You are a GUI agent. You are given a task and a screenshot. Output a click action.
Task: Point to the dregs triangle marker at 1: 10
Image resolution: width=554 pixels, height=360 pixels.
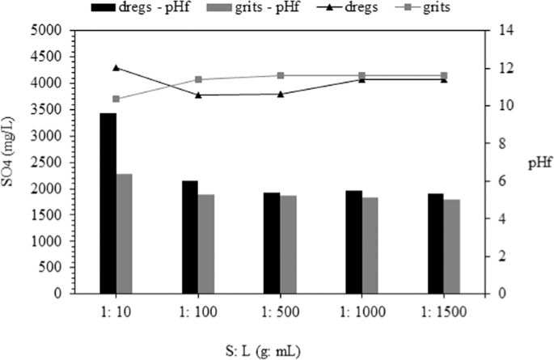[x=116, y=67]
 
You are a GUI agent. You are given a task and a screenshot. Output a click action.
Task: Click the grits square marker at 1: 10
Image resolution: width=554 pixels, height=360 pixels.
[x=116, y=99]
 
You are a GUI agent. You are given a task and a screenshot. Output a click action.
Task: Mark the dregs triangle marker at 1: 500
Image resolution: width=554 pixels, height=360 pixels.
[x=281, y=94]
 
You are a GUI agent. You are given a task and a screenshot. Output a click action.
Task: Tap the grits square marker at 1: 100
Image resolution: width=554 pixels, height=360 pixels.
[x=198, y=79]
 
